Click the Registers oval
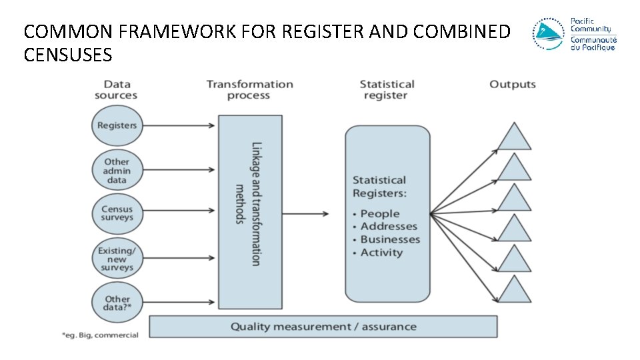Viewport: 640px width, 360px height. click(117, 125)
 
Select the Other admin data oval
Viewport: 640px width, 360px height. click(117, 171)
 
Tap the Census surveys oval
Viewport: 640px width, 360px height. click(117, 213)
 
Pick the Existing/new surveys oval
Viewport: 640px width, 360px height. click(117, 259)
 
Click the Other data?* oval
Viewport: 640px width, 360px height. click(117, 303)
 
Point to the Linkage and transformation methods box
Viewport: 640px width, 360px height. click(250, 211)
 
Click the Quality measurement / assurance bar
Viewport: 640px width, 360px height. click(323, 327)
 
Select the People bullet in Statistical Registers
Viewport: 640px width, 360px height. click(380, 214)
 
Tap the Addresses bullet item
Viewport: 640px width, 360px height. click(389, 227)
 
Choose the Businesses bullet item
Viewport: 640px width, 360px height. click(390, 239)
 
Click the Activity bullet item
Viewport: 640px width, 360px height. click(381, 253)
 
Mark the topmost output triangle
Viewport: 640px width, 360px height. click(514, 137)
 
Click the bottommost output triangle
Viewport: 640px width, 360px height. click(514, 291)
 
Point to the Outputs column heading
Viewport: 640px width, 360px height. click(513, 84)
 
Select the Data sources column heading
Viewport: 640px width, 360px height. click(117, 90)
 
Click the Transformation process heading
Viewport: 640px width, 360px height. click(249, 90)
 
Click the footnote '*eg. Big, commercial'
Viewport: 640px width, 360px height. click(101, 335)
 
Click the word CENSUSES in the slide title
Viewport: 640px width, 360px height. click(68, 55)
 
